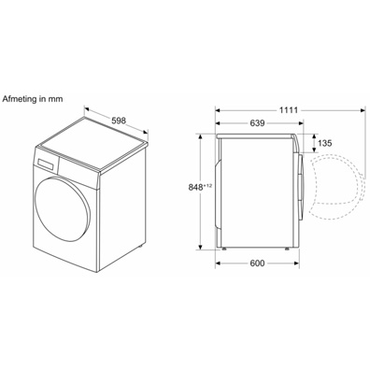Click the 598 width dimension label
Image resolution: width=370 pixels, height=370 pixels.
119,121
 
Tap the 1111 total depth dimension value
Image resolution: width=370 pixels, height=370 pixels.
289,110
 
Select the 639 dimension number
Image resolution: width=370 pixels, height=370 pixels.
257,123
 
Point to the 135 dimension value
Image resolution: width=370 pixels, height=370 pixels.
325,143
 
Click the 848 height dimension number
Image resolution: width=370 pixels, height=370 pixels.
196,188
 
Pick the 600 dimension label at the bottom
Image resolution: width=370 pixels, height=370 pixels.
257,263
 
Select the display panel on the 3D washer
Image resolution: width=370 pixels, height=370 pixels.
47,164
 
